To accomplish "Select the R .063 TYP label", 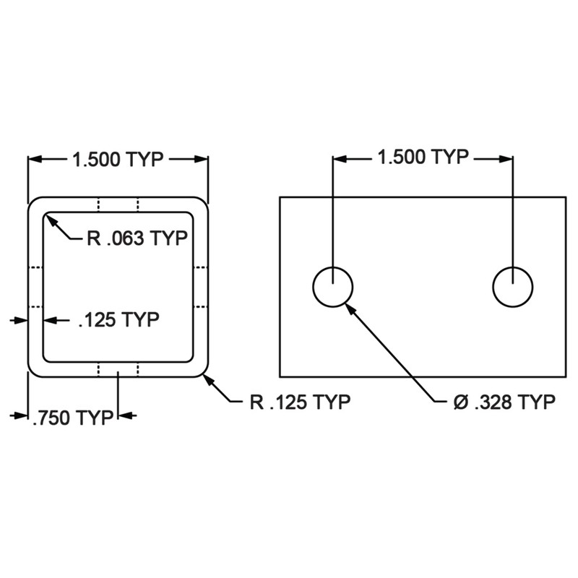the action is tap(137, 239).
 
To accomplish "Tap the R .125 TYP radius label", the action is tap(300, 402).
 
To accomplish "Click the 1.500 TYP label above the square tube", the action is tap(117, 160).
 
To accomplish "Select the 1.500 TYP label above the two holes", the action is tap(423, 157).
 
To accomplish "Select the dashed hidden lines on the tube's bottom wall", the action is tap(118, 370).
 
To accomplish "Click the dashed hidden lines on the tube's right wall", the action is tap(202, 286).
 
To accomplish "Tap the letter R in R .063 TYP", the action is tap(93, 239).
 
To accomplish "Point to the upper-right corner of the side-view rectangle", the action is tap(566, 197).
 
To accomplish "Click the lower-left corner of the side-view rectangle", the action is tap(280, 376).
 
